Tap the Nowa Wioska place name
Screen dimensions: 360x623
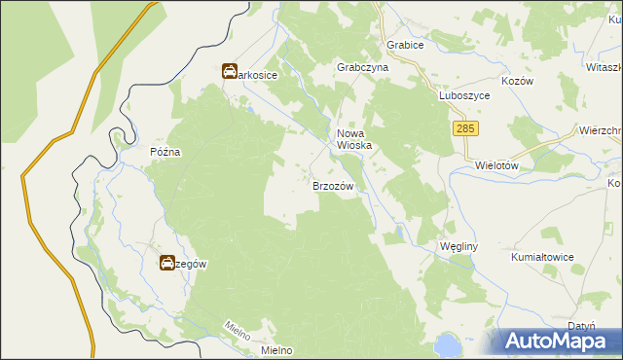pyautogui.click(x=355, y=139)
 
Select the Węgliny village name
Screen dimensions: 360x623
pyautogui.click(x=456, y=246)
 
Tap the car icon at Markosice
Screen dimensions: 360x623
pyautogui.click(x=229, y=72)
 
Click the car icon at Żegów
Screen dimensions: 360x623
pyautogui.click(x=167, y=263)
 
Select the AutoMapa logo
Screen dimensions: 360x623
pyautogui.click(x=556, y=341)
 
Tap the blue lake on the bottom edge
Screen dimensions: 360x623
pyautogui.click(x=447, y=345)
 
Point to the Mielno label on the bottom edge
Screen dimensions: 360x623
pyautogui.click(x=277, y=350)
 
